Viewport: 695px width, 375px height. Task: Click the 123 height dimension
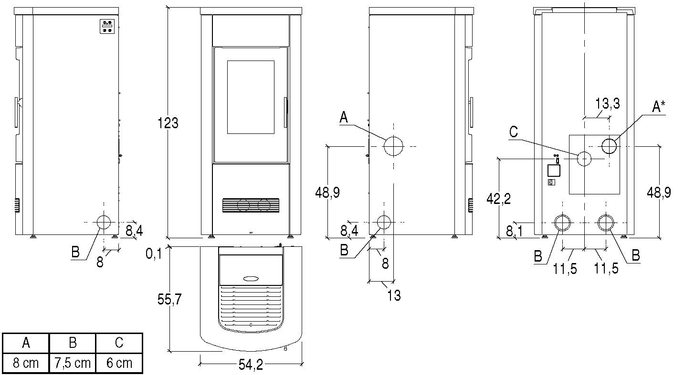[168, 123]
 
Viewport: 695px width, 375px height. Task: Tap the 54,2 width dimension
[251, 365]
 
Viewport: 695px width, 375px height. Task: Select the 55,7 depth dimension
[169, 299]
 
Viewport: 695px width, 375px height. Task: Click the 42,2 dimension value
[499, 199]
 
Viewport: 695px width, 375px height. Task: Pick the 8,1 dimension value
[514, 231]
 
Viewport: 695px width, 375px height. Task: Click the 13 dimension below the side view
[394, 295]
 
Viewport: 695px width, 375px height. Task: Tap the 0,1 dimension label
[154, 254]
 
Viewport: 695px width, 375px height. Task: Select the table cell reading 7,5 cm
[73, 363]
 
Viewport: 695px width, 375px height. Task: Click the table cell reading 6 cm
[119, 363]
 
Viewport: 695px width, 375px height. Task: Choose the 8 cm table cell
[26, 363]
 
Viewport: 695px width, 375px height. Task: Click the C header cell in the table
[119, 343]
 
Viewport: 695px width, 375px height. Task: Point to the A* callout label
[658, 107]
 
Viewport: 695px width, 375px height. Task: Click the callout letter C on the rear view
[514, 132]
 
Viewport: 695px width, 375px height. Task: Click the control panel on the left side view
[107, 26]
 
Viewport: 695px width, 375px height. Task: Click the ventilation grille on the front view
[251, 205]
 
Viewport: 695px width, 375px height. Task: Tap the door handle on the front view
[286, 113]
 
